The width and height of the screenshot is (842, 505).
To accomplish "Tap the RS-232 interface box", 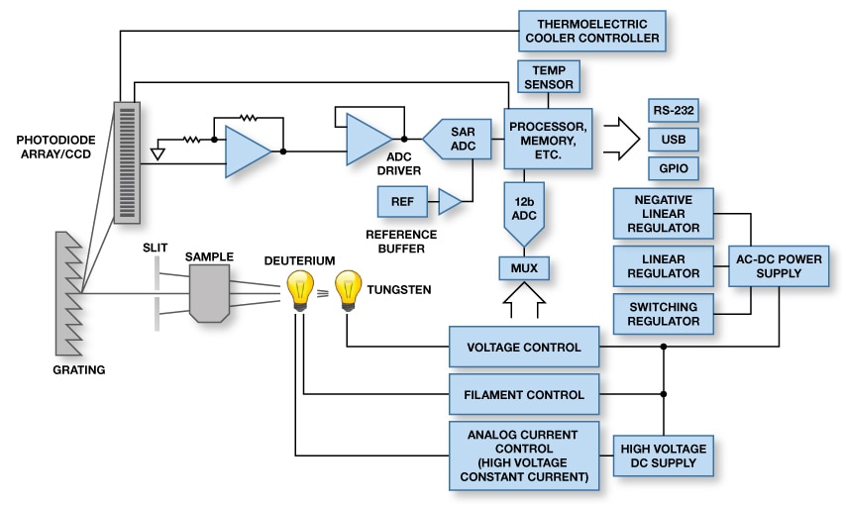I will click(673, 108).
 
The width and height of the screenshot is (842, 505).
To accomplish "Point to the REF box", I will click(403, 203).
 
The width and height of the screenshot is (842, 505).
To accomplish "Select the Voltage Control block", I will click(524, 348).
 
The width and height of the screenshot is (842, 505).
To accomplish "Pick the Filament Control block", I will click(524, 394).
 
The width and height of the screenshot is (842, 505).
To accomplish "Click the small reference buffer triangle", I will click(450, 203).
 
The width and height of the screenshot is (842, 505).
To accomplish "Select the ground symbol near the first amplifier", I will click(157, 153).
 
